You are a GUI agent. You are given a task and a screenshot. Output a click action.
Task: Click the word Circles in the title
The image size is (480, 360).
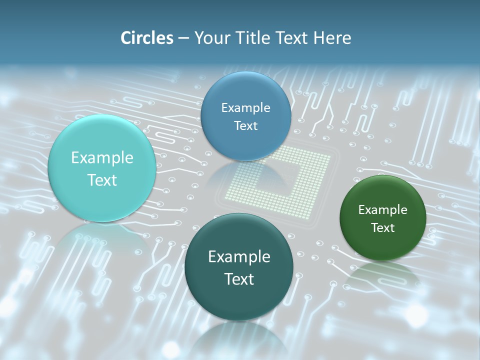(146, 38)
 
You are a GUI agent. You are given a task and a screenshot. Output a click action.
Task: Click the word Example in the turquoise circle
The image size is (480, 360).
(102, 158)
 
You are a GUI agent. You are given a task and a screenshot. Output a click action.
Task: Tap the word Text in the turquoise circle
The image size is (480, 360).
(102, 180)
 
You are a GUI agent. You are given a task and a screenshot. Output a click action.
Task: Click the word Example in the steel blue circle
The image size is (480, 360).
(245, 108)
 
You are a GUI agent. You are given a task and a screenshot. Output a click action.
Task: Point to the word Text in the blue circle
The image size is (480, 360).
(245, 125)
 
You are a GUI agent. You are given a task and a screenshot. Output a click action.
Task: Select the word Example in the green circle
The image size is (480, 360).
(382, 210)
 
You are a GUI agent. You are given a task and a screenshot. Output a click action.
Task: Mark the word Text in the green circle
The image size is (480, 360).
(382, 227)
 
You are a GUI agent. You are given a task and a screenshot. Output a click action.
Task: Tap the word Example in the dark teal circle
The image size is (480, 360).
(239, 257)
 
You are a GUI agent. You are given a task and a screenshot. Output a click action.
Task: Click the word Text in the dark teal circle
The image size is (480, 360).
(239, 279)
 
